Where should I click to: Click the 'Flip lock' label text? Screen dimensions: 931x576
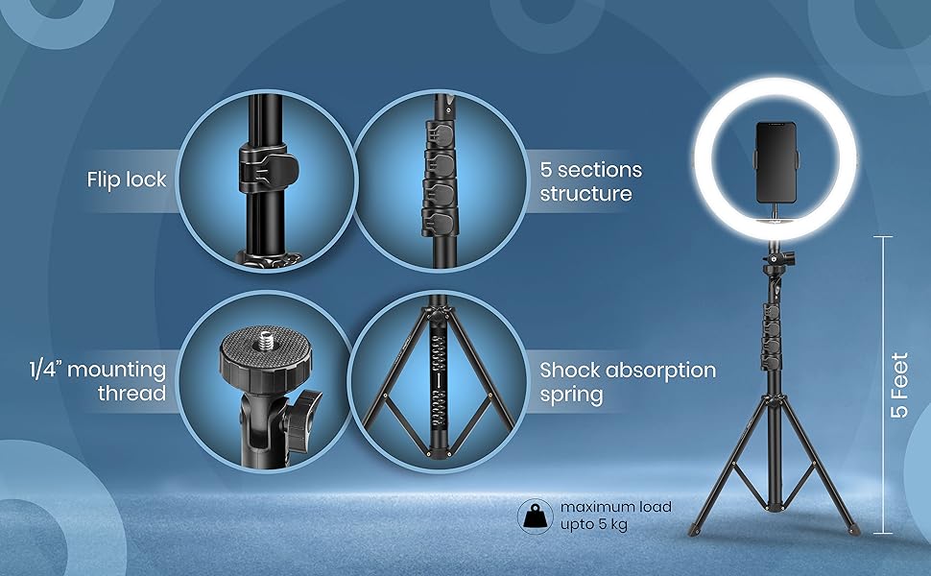(x=127, y=180)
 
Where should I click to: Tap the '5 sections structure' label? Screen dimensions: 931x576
(x=591, y=181)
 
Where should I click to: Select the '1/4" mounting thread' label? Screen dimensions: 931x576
(x=98, y=381)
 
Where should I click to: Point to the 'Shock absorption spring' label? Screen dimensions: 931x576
(x=628, y=382)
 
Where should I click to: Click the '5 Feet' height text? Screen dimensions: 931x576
(x=900, y=385)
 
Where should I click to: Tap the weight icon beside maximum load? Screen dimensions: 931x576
(x=535, y=516)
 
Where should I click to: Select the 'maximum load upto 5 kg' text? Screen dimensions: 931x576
(x=616, y=516)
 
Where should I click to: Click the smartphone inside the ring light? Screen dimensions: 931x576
(x=776, y=164)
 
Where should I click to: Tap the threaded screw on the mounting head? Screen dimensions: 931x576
(x=264, y=340)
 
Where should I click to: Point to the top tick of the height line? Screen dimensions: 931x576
(x=883, y=236)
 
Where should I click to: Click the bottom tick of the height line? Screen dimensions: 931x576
(x=883, y=534)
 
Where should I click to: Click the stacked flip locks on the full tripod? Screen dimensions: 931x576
(x=772, y=335)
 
